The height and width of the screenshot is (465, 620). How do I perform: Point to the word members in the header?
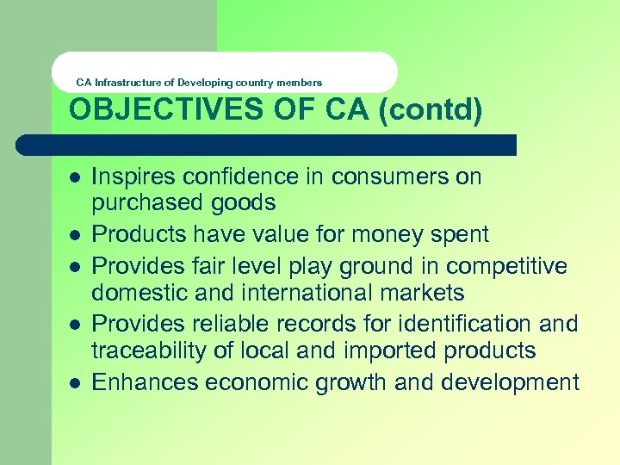(300, 83)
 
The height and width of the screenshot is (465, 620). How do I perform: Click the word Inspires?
(130, 178)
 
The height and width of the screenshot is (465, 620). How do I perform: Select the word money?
(382, 234)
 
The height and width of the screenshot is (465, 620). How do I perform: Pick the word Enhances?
(137, 382)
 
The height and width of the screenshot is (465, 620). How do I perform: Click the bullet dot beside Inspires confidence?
(75, 177)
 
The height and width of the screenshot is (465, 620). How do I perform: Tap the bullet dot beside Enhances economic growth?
(75, 381)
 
